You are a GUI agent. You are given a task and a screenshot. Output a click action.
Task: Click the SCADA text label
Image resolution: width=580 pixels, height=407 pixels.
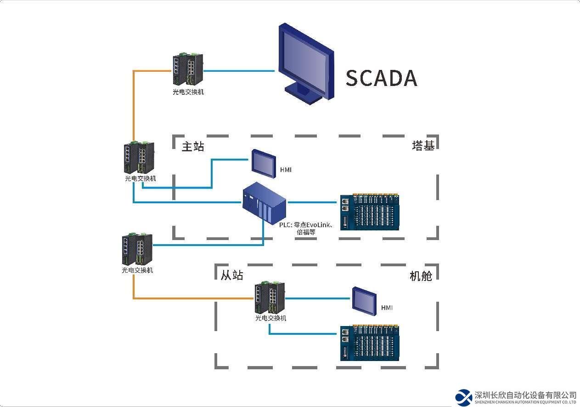(x=381, y=78)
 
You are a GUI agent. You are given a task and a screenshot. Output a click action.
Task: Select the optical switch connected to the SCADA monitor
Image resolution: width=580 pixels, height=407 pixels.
(x=188, y=69)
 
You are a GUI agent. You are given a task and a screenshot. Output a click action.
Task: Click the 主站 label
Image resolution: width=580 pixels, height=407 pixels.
(x=193, y=147)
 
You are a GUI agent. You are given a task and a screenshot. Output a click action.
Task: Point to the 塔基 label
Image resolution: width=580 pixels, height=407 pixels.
(x=423, y=146)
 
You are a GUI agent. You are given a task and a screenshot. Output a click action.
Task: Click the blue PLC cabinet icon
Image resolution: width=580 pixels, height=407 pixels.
(x=265, y=202)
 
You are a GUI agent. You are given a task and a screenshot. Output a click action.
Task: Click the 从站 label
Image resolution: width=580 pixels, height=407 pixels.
(x=232, y=275)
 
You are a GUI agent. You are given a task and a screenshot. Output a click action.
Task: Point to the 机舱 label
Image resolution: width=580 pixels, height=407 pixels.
(x=421, y=276)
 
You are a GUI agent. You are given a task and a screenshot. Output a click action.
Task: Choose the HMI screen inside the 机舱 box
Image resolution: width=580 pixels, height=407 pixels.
(x=364, y=300)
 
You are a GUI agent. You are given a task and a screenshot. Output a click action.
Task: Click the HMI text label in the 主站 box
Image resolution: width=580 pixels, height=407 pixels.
(x=286, y=170)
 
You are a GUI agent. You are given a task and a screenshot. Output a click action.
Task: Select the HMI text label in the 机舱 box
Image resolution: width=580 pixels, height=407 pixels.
(x=387, y=308)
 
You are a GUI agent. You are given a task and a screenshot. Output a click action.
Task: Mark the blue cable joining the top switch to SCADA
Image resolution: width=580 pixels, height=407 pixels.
(x=239, y=71)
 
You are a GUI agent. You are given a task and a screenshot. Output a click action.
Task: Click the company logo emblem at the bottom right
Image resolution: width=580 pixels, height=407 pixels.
(x=464, y=397)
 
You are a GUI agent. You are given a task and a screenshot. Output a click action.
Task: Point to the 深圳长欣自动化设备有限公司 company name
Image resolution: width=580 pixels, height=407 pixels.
(x=526, y=395)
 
